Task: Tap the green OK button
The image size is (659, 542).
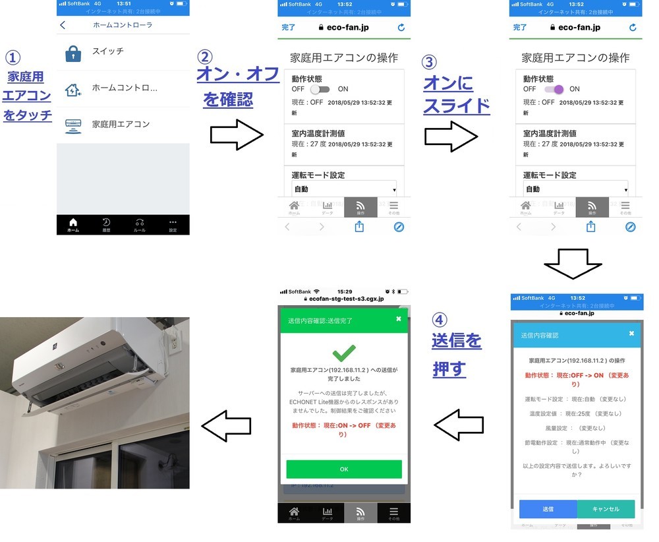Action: coord(343,469)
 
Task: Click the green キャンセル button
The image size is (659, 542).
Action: coord(606,509)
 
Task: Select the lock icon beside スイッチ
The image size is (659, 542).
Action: coord(73,53)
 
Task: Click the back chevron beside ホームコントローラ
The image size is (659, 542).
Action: coord(63,25)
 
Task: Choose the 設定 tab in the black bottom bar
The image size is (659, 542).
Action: coord(173,225)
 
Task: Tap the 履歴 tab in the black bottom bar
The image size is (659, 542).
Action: coord(106,225)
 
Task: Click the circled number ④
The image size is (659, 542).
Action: coord(440,320)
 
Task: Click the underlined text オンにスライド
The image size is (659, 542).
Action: coord(456,95)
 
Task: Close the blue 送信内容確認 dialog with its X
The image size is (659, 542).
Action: coord(631,334)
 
